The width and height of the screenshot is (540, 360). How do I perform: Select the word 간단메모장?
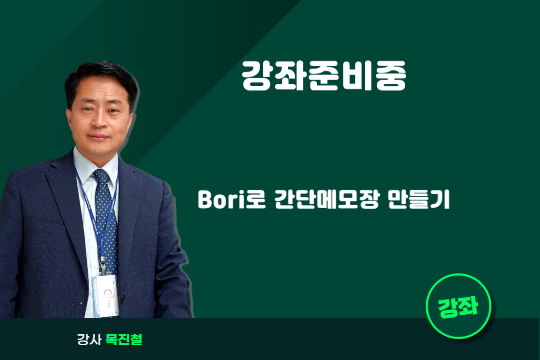[x=327, y=200]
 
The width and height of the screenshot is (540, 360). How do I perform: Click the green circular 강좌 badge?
[x=459, y=306]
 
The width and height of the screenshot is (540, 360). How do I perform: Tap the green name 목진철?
[x=124, y=340]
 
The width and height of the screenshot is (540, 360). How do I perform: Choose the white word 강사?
[x=89, y=340]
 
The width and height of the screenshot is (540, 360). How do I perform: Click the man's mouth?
[x=99, y=137]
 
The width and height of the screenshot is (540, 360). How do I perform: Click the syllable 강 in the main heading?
[x=256, y=76]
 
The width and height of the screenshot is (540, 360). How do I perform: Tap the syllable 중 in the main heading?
[x=391, y=76]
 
